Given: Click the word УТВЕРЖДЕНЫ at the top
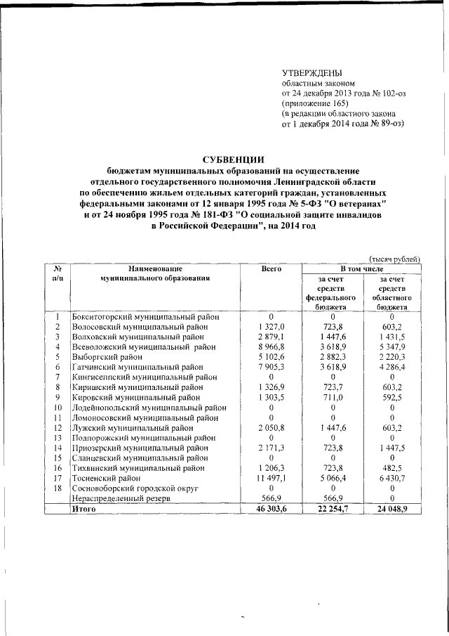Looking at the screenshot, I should click(311, 72).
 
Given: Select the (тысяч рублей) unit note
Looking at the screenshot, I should click(394, 259).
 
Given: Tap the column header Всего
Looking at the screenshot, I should click(271, 269).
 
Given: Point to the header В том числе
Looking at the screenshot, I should click(361, 269).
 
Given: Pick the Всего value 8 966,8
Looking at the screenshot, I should click(271, 346).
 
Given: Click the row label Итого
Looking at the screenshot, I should click(86, 506).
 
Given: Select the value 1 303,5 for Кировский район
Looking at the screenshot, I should click(271, 396).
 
